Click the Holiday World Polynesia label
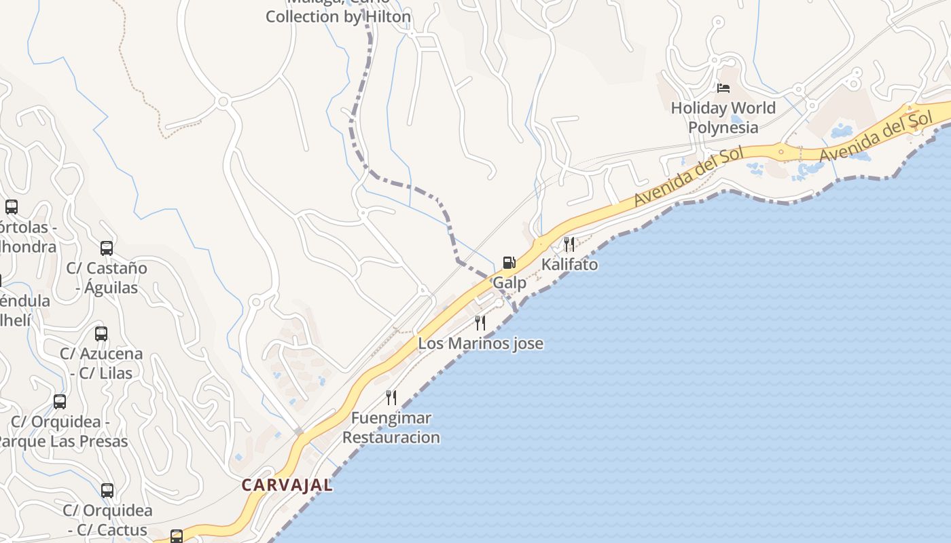point(723,117)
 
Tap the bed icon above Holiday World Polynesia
point(723,88)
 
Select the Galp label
point(509,283)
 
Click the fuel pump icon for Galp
point(509,263)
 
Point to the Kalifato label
point(569,265)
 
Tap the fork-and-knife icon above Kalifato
point(569,244)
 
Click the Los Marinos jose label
point(480,343)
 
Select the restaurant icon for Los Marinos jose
point(480,322)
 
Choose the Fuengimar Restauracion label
point(391,428)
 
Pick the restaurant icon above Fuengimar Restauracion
point(391,397)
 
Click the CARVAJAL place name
point(287,485)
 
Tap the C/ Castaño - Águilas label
point(107,278)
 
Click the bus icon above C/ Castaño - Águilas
point(107,248)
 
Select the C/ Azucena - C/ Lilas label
point(101,363)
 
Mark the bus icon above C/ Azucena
point(101,334)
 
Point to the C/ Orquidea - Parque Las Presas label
point(61,432)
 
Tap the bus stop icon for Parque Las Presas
point(60,402)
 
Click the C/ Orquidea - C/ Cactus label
point(107,520)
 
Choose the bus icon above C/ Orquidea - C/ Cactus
point(107,491)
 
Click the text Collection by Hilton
point(338,17)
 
